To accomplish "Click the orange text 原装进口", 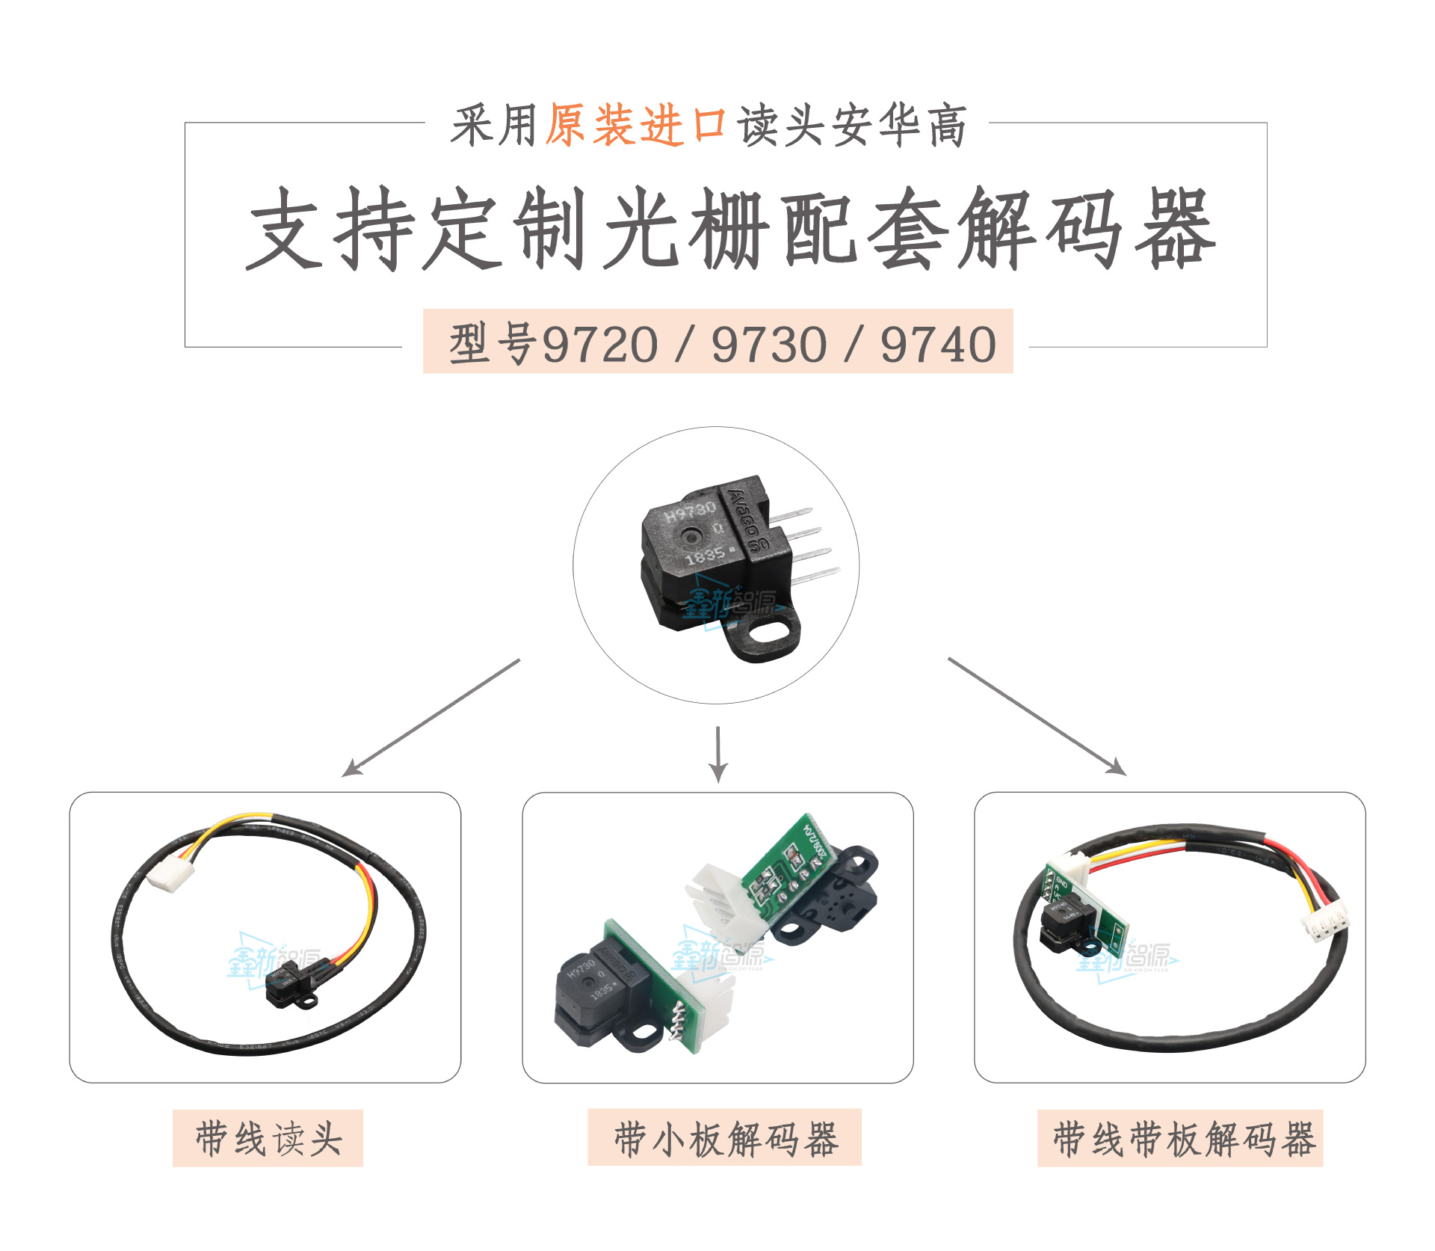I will coord(635,125).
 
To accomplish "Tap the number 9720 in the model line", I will coord(599,345).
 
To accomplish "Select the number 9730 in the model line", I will coord(769,345).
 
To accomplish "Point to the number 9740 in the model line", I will coord(938,345).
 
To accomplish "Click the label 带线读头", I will coord(268,1139).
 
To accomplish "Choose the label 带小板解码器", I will coord(724,1139).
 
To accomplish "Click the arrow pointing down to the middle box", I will coord(718,755).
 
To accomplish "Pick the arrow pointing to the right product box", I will coord(1039,716).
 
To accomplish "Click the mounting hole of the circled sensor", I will coord(763,635).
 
